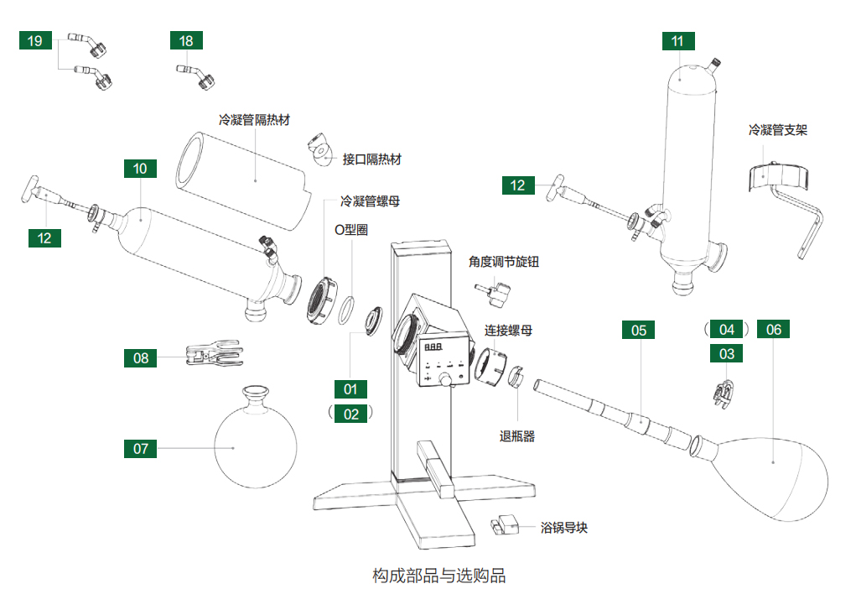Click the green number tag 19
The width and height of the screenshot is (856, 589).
point(36,40)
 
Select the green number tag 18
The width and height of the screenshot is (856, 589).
point(186,40)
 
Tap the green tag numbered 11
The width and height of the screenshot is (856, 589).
point(677,40)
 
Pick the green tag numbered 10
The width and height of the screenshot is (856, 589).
point(140,169)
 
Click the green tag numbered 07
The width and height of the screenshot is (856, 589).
point(140,448)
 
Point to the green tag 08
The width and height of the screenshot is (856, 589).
point(140,358)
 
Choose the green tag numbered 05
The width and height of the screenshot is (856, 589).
point(639,330)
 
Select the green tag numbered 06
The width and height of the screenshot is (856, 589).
point(773,330)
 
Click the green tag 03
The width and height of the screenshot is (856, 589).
point(727,354)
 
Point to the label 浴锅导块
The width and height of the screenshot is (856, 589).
point(564,528)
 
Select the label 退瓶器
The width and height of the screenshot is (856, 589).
point(517,435)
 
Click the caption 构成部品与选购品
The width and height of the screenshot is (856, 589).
point(439,576)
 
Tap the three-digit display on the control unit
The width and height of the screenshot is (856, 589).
point(434,347)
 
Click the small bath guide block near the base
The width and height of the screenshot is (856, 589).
point(506,525)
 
